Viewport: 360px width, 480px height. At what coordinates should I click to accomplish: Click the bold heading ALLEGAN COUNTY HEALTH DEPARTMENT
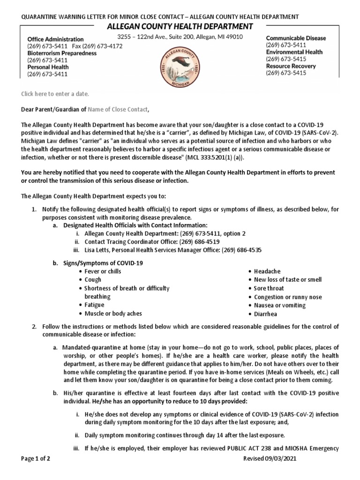click(180, 26)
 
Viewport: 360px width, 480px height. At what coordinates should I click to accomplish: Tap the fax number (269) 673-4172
click(106, 46)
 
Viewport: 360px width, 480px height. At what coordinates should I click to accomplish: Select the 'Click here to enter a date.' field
click(55, 94)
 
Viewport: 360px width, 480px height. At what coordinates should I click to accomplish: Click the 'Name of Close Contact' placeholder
click(118, 109)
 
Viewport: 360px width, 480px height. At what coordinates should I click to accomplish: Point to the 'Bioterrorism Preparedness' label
click(62, 53)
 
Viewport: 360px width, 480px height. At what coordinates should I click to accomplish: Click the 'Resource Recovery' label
click(291, 66)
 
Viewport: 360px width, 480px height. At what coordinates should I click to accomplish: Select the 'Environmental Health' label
click(294, 52)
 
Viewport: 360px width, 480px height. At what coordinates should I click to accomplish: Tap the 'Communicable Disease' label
click(296, 38)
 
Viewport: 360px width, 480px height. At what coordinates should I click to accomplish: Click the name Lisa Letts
click(99, 250)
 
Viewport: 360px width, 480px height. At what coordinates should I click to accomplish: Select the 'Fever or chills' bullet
click(103, 271)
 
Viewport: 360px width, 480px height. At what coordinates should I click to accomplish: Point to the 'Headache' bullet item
click(267, 271)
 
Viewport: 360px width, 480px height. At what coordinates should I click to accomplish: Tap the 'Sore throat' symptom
click(269, 288)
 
